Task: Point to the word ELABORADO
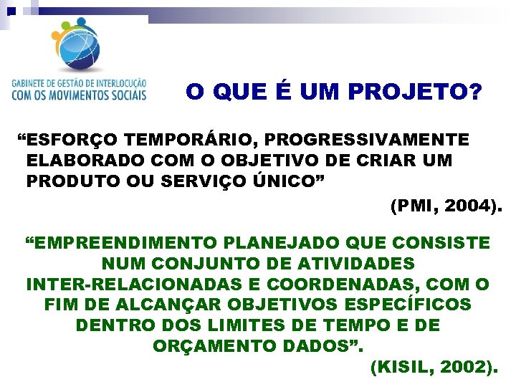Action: (73, 160)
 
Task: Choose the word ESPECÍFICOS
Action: (406, 305)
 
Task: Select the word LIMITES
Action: (215, 325)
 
